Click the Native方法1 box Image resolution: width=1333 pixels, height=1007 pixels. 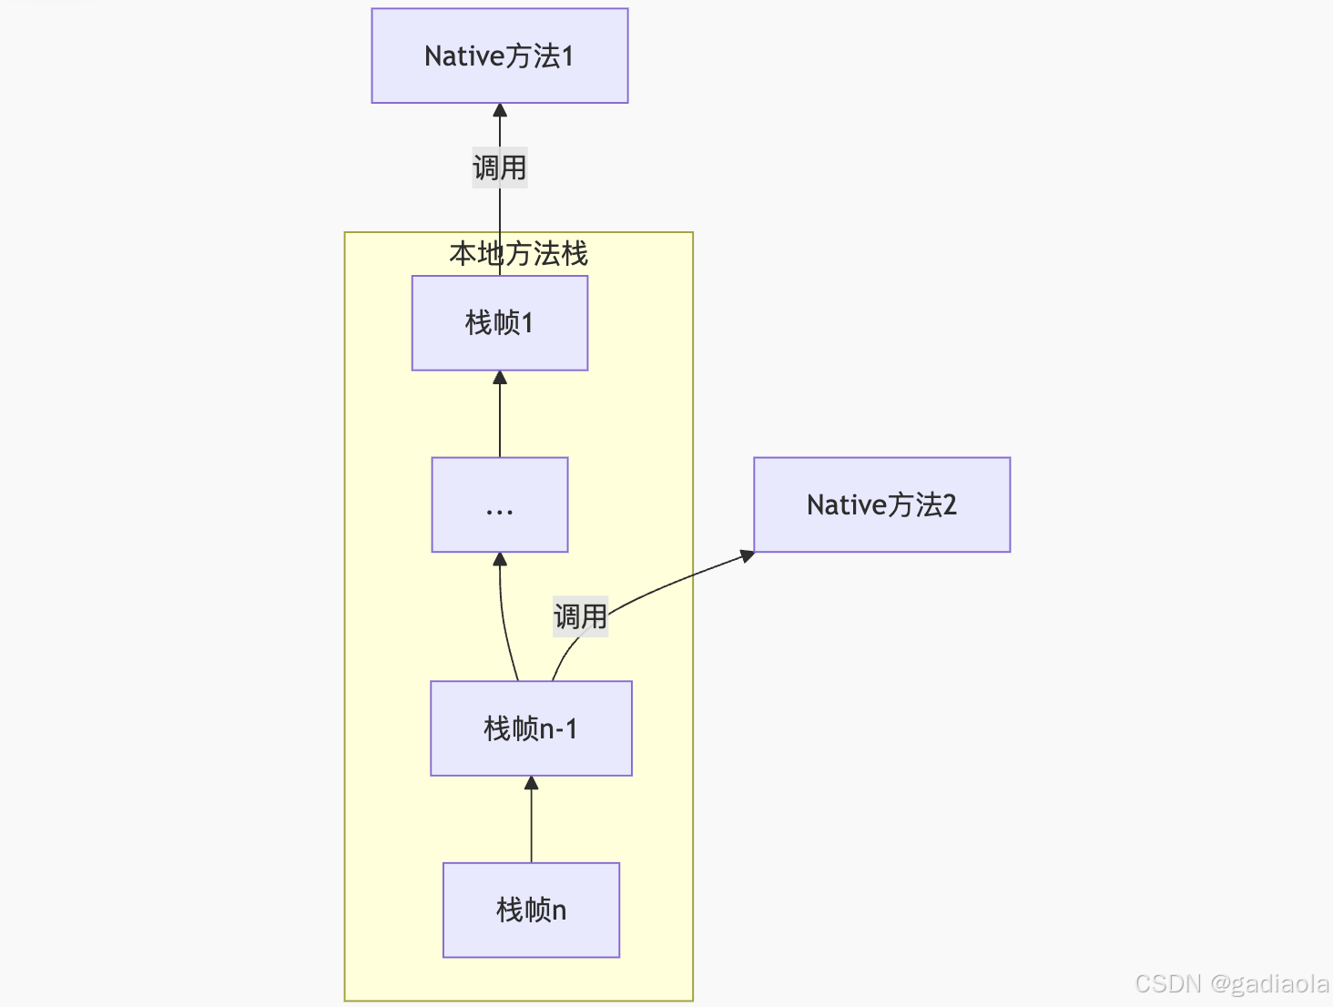[x=499, y=56]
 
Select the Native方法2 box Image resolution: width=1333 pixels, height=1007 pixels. [x=881, y=504]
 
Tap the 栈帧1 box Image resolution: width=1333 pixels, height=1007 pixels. [x=499, y=322]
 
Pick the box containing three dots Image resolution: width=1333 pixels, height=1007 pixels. [x=499, y=504]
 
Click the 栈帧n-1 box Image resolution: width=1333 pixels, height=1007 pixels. [x=531, y=728]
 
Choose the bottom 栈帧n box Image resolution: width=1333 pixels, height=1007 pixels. [x=531, y=910]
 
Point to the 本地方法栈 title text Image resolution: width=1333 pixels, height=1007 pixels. [x=518, y=253]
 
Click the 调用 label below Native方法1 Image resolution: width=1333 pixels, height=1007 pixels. [x=499, y=168]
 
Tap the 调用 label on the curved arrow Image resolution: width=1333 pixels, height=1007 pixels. [x=580, y=616]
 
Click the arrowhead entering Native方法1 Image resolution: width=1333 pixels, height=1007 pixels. [x=499, y=111]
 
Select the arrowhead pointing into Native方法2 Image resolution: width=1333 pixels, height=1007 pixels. [x=747, y=555]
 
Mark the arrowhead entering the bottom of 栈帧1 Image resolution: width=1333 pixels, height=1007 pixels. [x=499, y=378]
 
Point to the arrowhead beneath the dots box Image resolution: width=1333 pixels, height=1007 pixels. [x=499, y=560]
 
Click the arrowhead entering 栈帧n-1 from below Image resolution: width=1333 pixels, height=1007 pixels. [x=531, y=783]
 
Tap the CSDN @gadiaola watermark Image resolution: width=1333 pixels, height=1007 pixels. [x=1231, y=983]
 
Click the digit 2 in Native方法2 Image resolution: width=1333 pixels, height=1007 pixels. [x=949, y=504]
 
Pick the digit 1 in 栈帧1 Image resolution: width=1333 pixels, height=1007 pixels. [x=526, y=322]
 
